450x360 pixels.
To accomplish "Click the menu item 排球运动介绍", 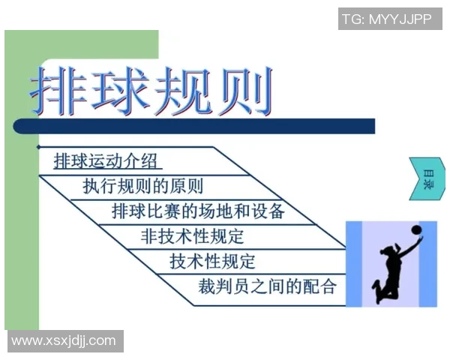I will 108,160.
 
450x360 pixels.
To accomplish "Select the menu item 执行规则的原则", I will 142,185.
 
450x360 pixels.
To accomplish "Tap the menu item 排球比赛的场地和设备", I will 198,211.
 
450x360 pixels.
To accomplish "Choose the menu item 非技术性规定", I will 192,236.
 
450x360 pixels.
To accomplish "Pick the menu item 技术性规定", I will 213,261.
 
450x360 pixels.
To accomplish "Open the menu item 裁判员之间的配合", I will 267,286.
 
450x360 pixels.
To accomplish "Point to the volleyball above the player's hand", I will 414,227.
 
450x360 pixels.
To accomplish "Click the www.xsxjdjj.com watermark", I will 64,341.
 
